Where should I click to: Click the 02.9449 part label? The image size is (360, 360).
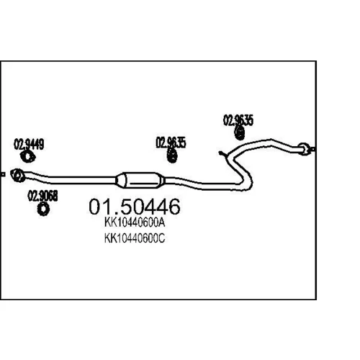[x=29, y=144]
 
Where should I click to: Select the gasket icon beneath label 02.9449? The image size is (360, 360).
[x=27, y=157]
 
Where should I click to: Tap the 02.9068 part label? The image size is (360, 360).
[x=42, y=196]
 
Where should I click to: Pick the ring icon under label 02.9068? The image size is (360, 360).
[x=43, y=209]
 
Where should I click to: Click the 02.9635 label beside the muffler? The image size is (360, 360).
[x=171, y=143]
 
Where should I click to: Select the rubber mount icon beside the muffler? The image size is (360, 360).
[x=172, y=156]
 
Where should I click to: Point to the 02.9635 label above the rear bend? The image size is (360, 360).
[x=238, y=120]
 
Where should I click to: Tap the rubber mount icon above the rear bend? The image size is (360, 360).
[x=239, y=132]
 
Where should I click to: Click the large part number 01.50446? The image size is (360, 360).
[x=135, y=207]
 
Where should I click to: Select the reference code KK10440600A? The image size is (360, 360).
[x=135, y=222]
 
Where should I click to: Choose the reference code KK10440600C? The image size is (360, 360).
[x=135, y=238]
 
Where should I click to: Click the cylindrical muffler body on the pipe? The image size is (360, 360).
[x=140, y=180]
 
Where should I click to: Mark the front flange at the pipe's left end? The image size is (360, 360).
[x=18, y=175]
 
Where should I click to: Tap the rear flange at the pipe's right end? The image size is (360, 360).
[x=304, y=149]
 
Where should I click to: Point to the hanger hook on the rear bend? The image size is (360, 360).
[x=222, y=154]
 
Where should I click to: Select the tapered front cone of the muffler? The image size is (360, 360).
[x=121, y=180]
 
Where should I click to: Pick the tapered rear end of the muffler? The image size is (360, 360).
[x=161, y=181]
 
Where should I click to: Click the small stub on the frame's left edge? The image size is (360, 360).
[x=2, y=174]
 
